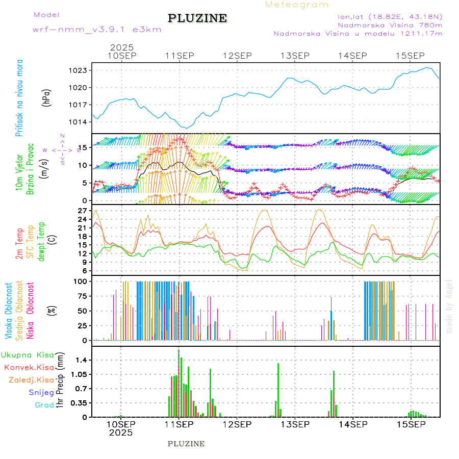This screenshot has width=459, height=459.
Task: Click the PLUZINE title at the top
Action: (197, 19)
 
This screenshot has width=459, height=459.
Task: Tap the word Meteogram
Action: (297, 5)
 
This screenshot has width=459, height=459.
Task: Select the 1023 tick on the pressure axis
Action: (78, 70)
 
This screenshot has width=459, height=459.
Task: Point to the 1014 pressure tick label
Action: (78, 122)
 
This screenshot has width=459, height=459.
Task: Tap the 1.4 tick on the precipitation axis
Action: (81, 360)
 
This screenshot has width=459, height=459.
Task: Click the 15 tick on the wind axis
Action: (82, 147)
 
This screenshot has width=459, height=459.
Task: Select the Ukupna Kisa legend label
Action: (28, 355)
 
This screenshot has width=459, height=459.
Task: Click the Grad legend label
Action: (44, 405)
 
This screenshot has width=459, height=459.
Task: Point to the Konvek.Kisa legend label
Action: (29, 367)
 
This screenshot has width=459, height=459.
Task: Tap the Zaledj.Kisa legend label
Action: (31, 380)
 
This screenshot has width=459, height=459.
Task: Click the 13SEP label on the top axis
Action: (295, 56)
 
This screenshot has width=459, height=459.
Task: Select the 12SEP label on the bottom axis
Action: (237, 424)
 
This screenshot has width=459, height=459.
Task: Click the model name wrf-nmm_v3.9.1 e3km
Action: (96, 30)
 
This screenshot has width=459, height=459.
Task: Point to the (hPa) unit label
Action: (47, 97)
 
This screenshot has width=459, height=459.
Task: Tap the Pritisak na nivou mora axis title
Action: (19, 97)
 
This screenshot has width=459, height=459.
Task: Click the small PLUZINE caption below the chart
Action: (186, 444)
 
